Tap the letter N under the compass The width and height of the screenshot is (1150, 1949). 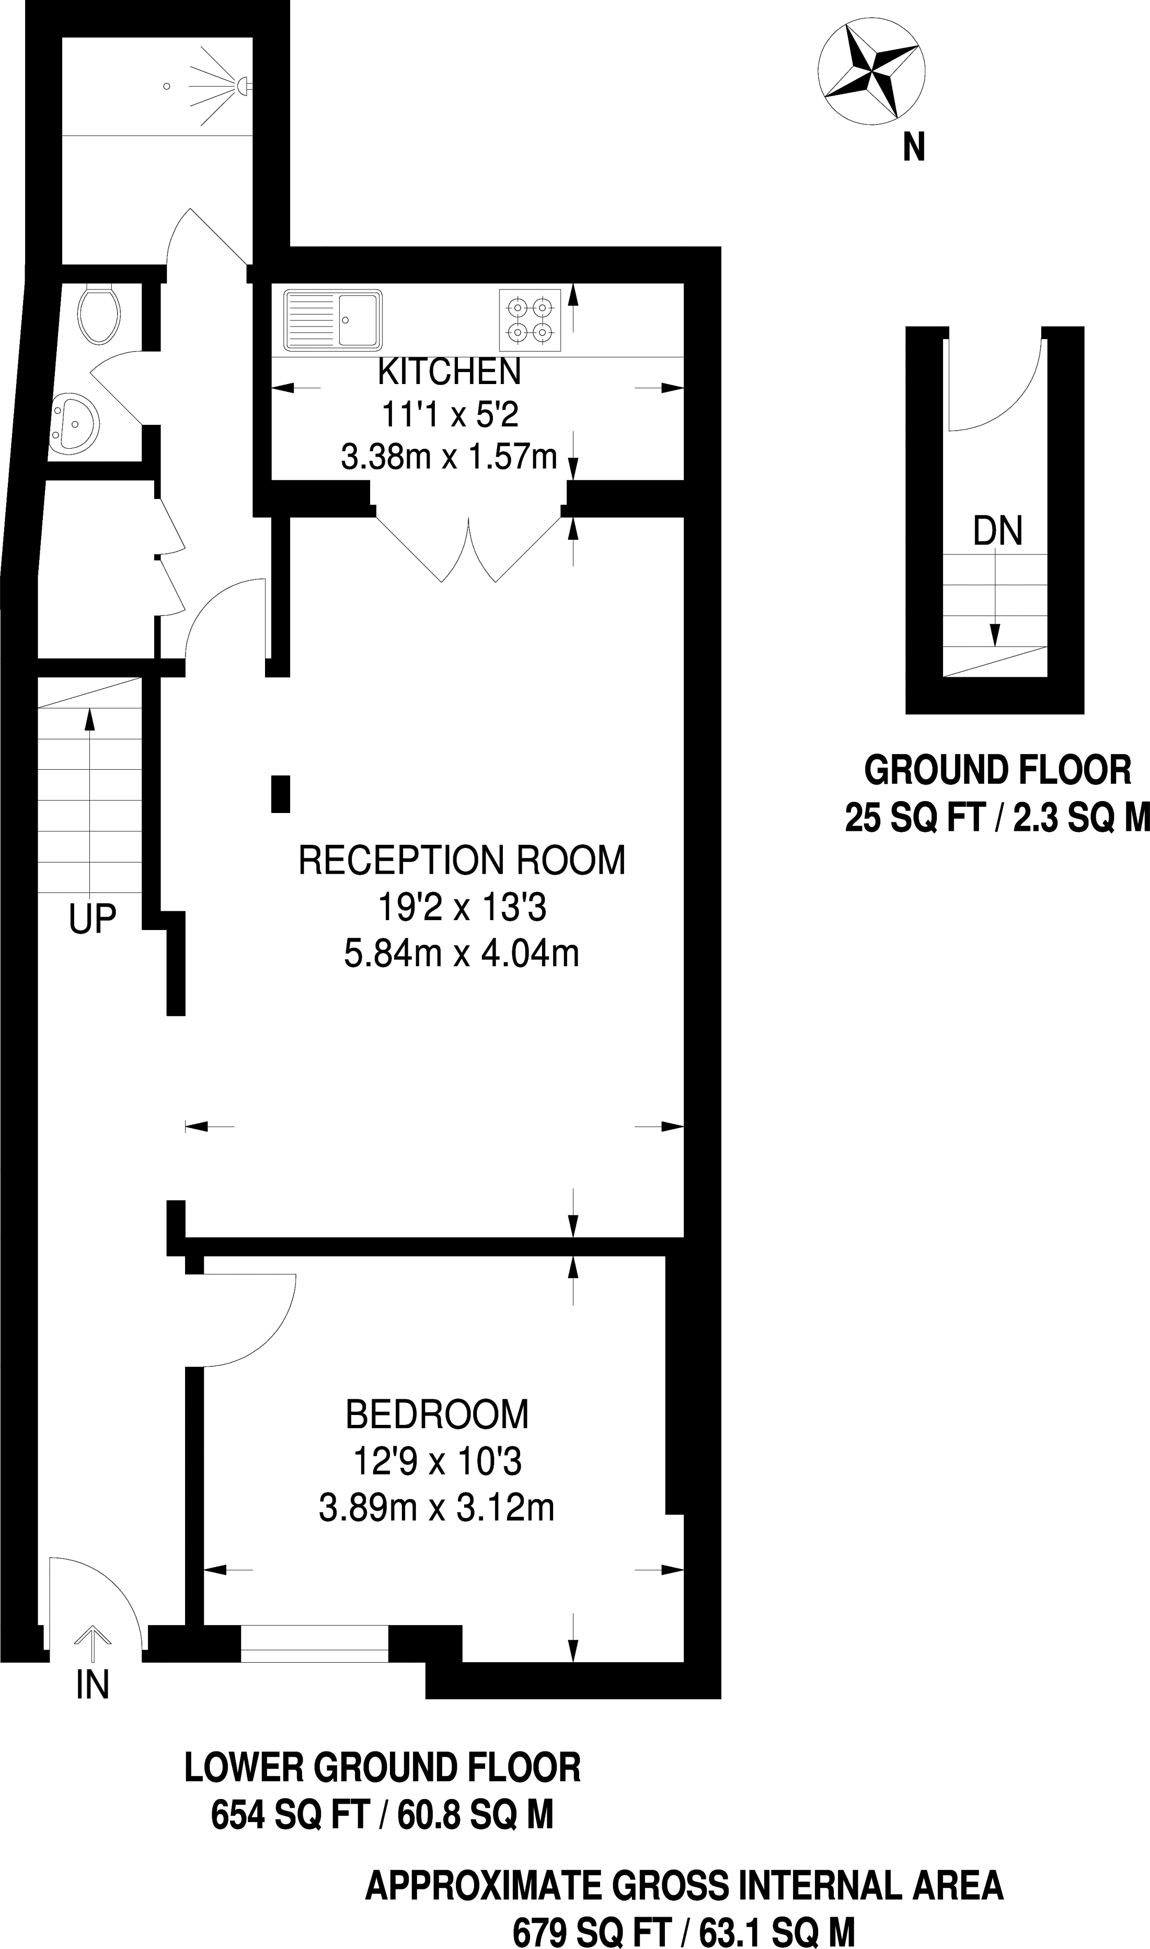pyautogui.click(x=914, y=147)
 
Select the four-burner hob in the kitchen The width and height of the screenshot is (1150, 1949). pyautogui.click(x=530, y=320)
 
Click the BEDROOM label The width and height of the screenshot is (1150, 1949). pyautogui.click(x=437, y=1414)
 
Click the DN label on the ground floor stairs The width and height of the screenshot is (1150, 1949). pyautogui.click(x=998, y=531)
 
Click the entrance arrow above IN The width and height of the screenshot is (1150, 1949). pyautogui.click(x=92, y=1644)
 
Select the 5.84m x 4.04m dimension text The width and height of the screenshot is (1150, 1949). pyautogui.click(x=462, y=954)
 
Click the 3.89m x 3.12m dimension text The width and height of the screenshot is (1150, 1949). pyautogui.click(x=437, y=1507)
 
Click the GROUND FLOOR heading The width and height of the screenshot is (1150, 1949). pyautogui.click(x=998, y=771)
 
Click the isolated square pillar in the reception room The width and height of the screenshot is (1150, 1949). pyautogui.click(x=281, y=794)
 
